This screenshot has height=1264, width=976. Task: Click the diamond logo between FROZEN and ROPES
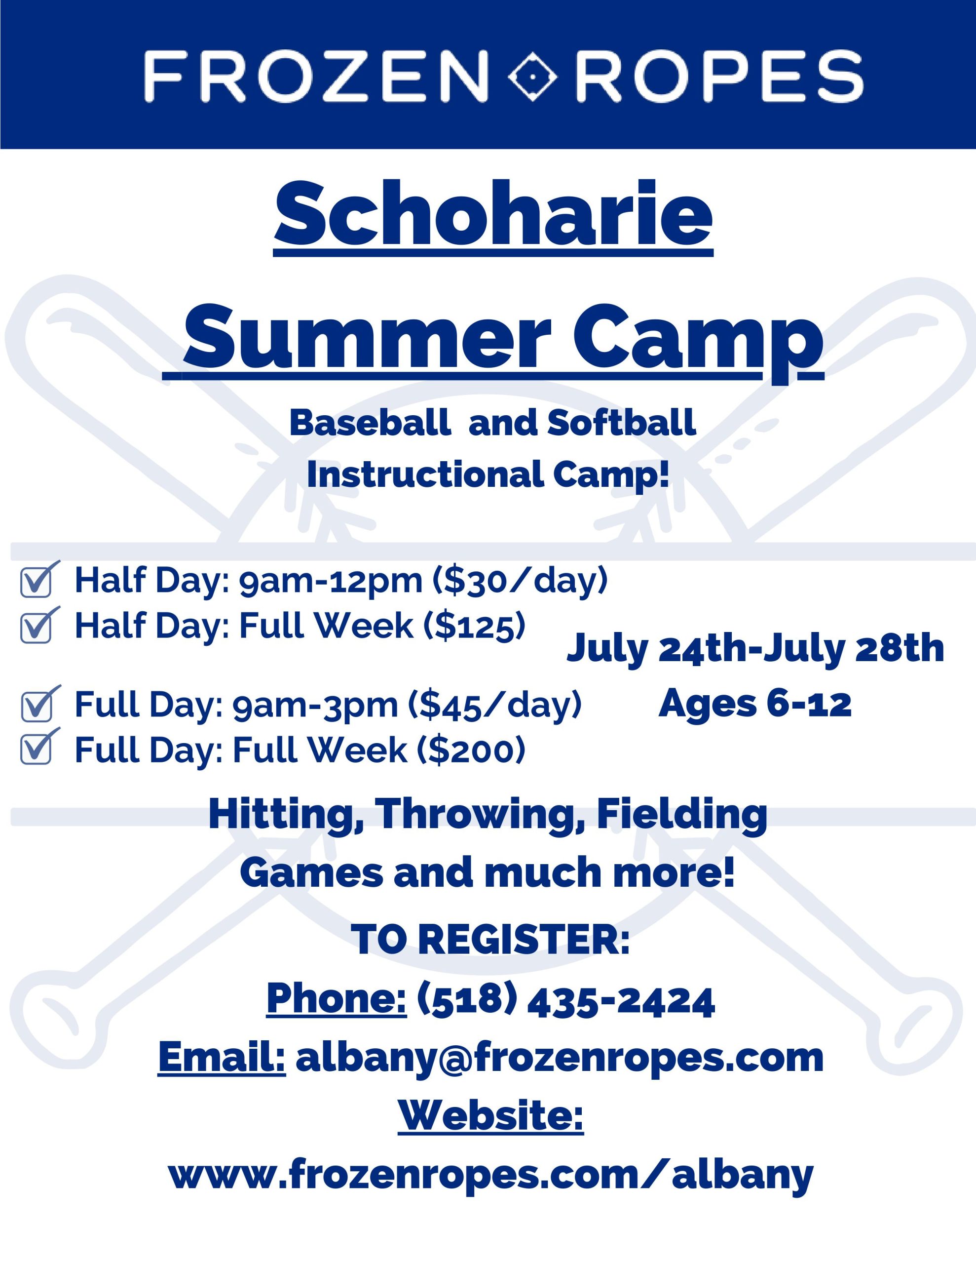532,76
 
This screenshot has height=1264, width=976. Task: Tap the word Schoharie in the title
493,214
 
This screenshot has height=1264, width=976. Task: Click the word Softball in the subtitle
621,423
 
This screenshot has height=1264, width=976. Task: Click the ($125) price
475,626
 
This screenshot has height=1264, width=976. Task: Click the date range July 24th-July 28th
755,649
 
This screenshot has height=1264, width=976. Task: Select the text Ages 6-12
755,704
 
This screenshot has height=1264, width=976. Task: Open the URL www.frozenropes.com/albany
490,1174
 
